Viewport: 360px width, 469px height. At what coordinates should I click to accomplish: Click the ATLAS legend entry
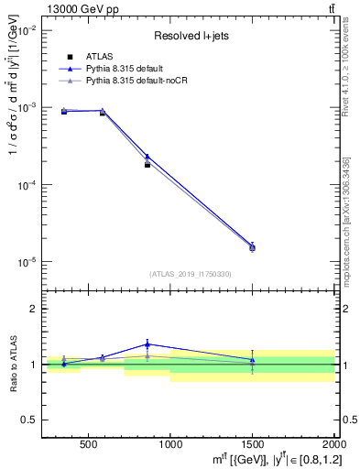point(98,57)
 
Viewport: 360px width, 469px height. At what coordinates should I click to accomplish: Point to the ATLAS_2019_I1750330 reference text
point(191,274)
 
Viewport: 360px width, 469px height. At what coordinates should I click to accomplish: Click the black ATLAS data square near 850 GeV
point(147,165)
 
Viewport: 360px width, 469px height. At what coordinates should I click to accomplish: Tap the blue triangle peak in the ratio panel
point(147,344)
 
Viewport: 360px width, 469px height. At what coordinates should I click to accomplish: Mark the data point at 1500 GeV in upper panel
point(252,247)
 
